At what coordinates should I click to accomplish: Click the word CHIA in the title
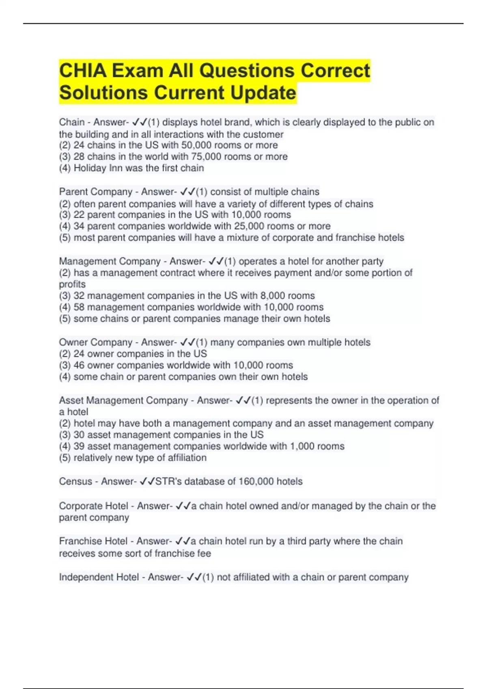click(83, 71)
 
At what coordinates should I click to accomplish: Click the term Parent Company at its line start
click(96, 191)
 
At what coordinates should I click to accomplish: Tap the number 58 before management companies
click(79, 307)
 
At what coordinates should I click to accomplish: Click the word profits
click(72, 284)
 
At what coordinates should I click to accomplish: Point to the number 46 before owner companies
click(79, 365)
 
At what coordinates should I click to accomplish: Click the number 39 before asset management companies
click(79, 446)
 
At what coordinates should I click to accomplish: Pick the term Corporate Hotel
click(93, 506)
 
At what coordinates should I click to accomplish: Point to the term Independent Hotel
click(99, 577)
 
